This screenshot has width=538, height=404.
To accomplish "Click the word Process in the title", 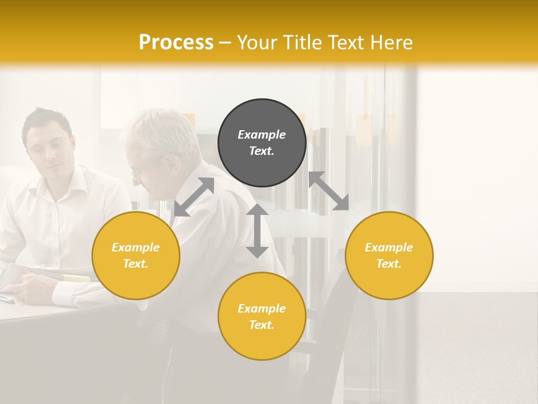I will coord(176,43).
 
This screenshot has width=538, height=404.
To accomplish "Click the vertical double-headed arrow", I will coord(257,231).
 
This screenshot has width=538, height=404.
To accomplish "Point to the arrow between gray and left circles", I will coord(194,197).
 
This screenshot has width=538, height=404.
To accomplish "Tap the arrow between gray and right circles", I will coord(328,191).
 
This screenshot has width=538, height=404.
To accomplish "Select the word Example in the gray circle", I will coord(262,135).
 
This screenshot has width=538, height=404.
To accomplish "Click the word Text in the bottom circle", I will coord(262,325).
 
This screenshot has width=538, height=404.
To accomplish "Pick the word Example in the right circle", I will coord(389,247).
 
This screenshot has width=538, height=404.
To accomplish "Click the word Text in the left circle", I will coord(136,264).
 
